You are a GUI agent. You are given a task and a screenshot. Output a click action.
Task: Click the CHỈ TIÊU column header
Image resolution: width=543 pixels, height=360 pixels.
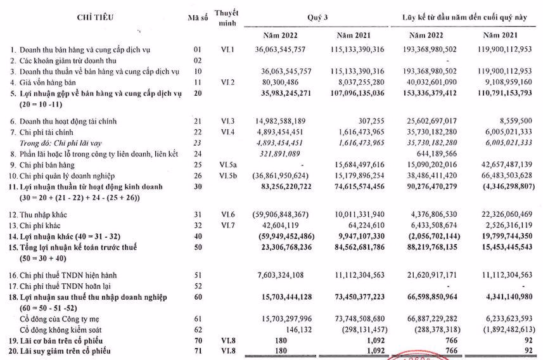click(95, 17)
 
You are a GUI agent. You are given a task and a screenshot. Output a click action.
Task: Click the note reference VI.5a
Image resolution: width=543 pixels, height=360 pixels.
click(226, 165)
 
